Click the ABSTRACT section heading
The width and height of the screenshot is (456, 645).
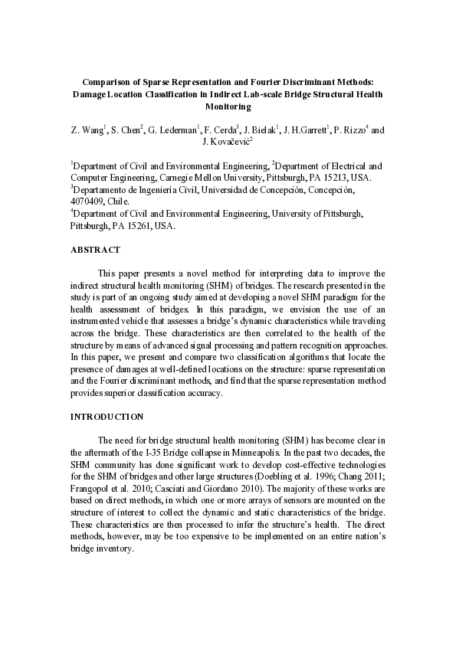click(95, 250)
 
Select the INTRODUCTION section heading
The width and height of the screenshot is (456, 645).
click(107, 417)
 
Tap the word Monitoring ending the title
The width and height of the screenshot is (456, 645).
click(228, 106)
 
